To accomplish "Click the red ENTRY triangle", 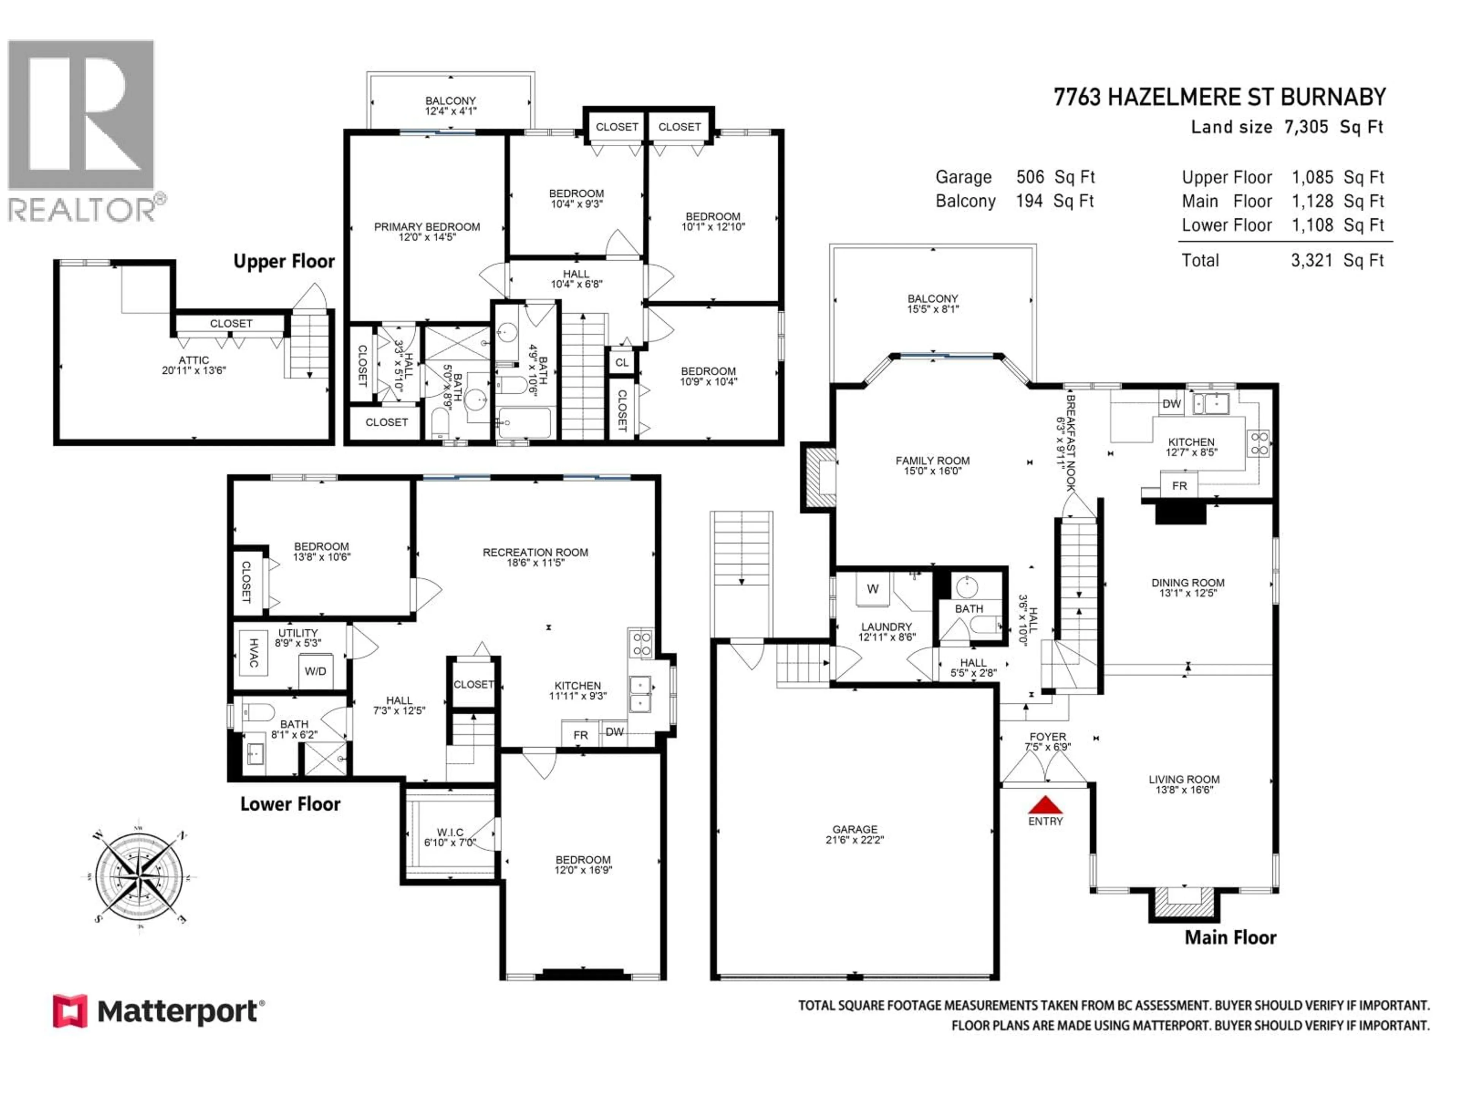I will click(x=1046, y=805).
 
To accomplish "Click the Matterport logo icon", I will click(x=70, y=1011).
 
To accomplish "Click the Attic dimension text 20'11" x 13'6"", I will click(x=194, y=371).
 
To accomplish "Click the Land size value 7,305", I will click(x=1306, y=127).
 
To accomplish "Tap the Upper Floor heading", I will click(x=283, y=261).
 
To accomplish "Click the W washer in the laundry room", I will click(x=873, y=589).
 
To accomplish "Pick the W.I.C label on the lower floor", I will click(x=450, y=832).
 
